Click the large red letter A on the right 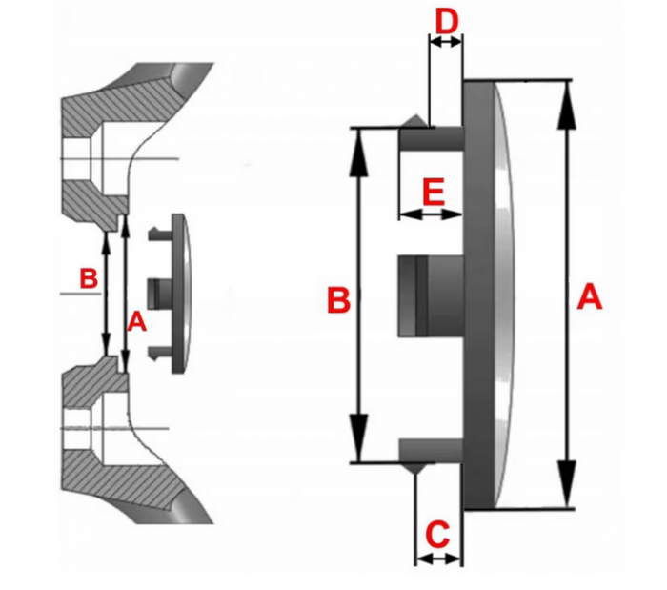coord(590,298)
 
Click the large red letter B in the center coord(339,299)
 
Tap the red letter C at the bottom coord(436,535)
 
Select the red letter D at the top coord(445,18)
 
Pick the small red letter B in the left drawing coord(87,279)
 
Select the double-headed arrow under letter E coord(430,215)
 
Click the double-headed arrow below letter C coord(437,558)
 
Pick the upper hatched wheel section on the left coord(105,143)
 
